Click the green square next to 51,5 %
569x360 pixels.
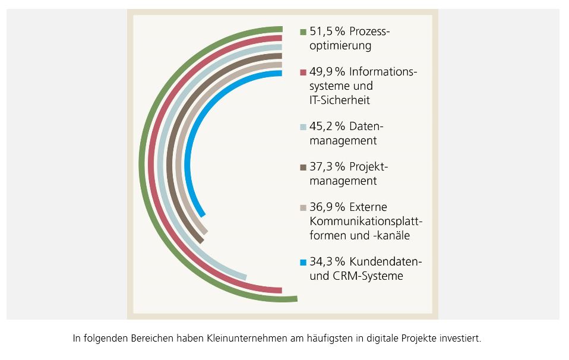point(304,32)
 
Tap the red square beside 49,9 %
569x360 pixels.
point(304,72)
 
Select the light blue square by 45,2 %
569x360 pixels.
point(304,127)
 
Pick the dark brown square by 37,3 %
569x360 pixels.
point(304,167)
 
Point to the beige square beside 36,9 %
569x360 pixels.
point(304,208)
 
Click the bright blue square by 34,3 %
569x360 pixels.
point(304,262)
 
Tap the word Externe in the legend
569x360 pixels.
point(368,207)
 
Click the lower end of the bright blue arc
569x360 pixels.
point(203,214)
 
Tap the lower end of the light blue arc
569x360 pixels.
point(245,277)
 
